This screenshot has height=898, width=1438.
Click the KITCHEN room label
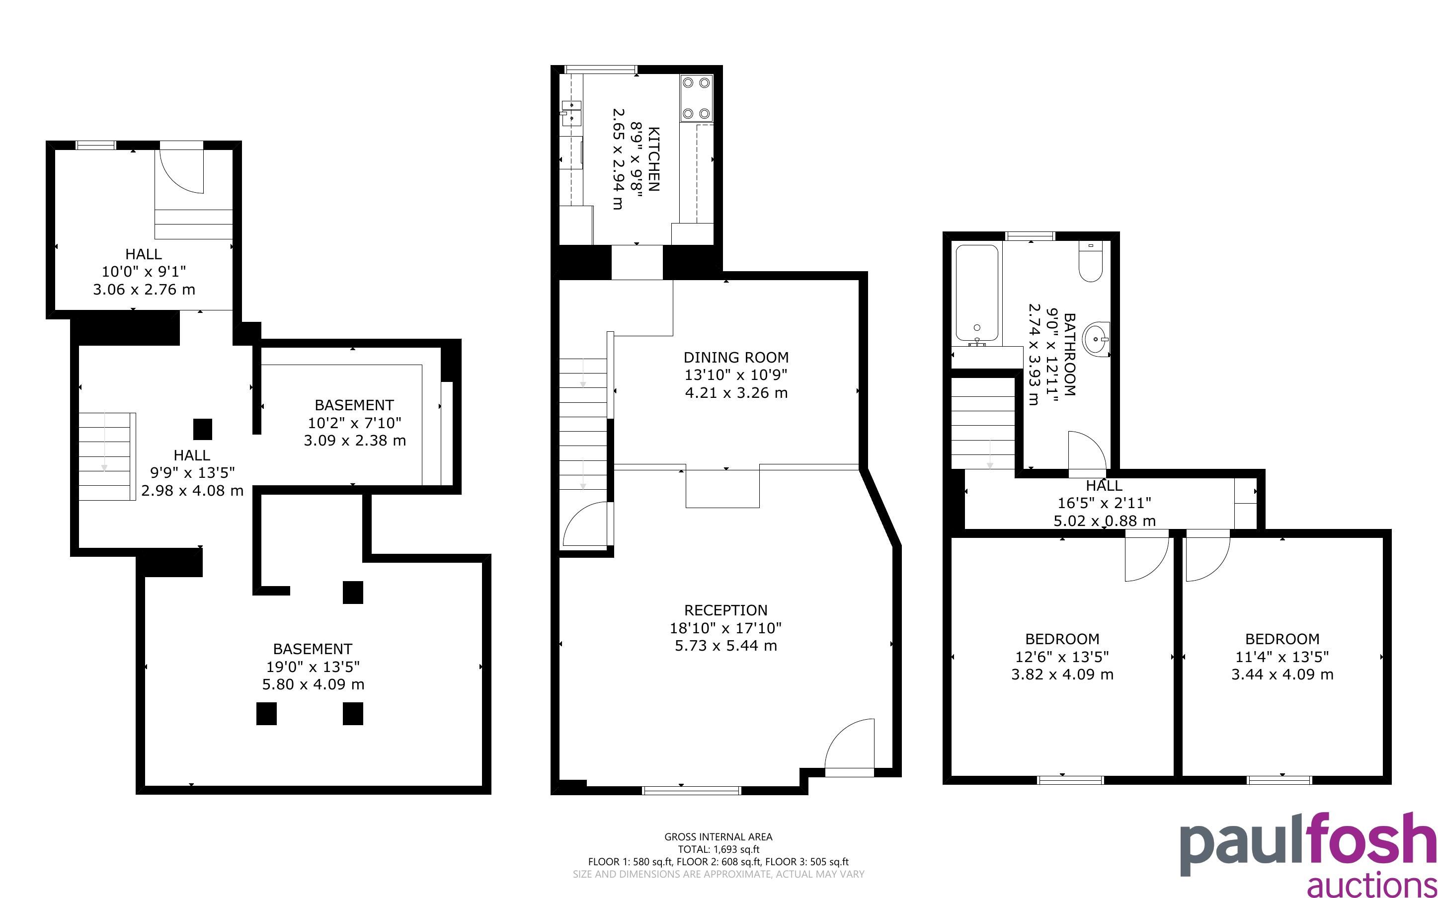point(653,159)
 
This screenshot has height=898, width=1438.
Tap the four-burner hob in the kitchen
point(696,98)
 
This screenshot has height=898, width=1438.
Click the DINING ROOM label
point(736,358)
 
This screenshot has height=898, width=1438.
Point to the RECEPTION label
point(725,610)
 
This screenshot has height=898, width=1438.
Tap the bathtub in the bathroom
point(976,295)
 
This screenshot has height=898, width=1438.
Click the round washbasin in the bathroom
point(1095,339)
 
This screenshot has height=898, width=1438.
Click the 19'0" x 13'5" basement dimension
point(313,667)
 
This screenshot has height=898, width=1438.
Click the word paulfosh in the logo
point(1308,843)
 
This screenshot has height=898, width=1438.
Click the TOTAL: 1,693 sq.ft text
point(718,849)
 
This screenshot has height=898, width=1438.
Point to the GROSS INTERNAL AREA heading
point(718,837)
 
